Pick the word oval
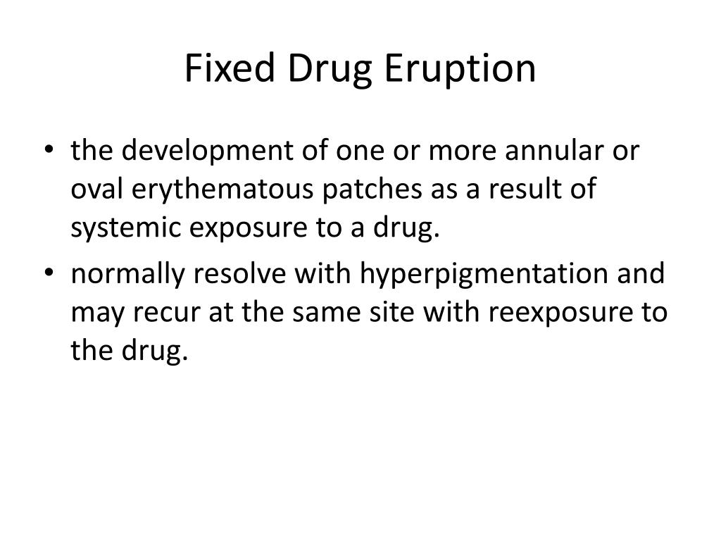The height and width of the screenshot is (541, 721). click(x=97, y=191)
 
